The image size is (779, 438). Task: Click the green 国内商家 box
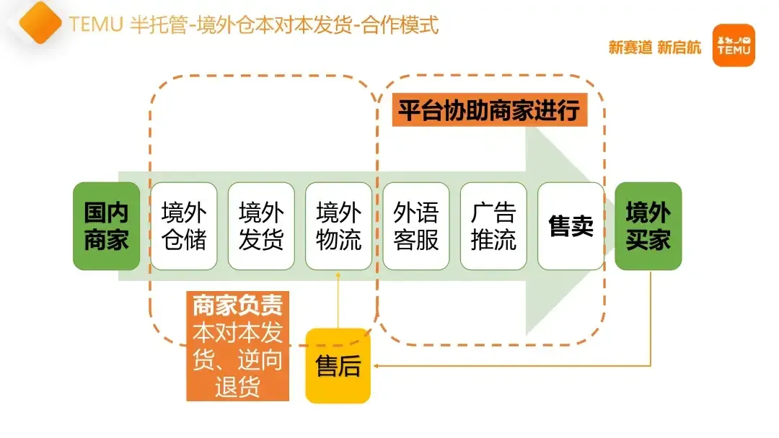pyautogui.click(x=106, y=226)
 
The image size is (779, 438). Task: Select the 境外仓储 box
pyautogui.click(x=183, y=226)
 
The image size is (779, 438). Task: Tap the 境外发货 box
pyautogui.click(x=261, y=226)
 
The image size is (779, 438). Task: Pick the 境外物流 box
pyautogui.click(x=338, y=226)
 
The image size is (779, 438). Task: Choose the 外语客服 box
pyautogui.click(x=416, y=226)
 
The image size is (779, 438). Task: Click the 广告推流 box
pyautogui.click(x=493, y=226)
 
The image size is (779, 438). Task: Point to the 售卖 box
pyautogui.click(x=571, y=226)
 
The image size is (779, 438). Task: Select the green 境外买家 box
pyautogui.click(x=648, y=226)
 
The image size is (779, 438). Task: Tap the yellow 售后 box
pyautogui.click(x=338, y=366)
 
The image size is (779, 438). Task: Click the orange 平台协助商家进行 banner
pyautogui.click(x=488, y=112)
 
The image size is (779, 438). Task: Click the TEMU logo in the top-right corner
pyautogui.click(x=733, y=45)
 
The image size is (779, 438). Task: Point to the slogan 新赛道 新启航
pyautogui.click(x=654, y=48)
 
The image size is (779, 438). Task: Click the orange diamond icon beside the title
pyautogui.click(x=40, y=23)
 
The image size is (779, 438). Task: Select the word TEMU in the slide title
pyautogui.click(x=97, y=24)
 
